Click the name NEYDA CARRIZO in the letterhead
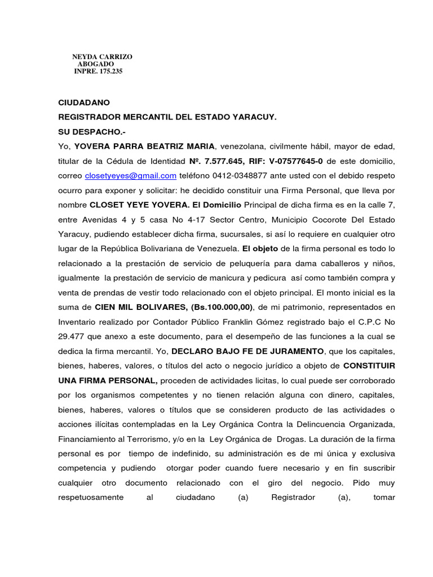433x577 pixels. tap(102, 57)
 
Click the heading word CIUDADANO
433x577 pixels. tap(85, 103)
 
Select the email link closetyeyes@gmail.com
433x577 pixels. tap(131, 175)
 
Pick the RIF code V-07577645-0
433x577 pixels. tap(289, 161)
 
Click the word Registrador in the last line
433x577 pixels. tap(293, 498)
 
